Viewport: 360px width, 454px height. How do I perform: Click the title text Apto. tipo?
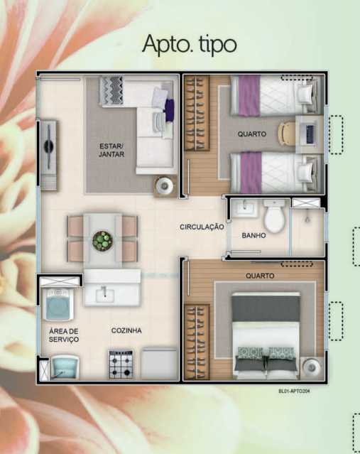189,43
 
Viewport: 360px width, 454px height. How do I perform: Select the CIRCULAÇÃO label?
201,227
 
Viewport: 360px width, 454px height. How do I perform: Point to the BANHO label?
253,235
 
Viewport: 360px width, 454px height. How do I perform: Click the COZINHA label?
126,331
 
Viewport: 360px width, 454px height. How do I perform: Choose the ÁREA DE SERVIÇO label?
64,335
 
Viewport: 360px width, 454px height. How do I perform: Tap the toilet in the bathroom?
273,215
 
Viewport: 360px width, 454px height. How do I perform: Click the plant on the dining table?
102,241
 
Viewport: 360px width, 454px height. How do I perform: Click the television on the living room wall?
48,146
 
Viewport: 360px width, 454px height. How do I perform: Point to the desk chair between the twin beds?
285,133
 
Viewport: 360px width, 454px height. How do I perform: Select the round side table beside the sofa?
165,185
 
